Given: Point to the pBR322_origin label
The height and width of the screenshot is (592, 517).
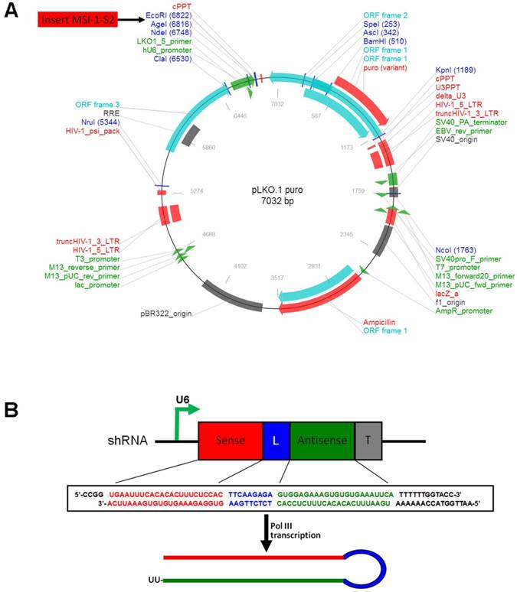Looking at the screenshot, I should pyautogui.click(x=165, y=313).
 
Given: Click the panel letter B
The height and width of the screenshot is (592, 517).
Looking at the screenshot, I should pyautogui.click(x=11, y=409).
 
